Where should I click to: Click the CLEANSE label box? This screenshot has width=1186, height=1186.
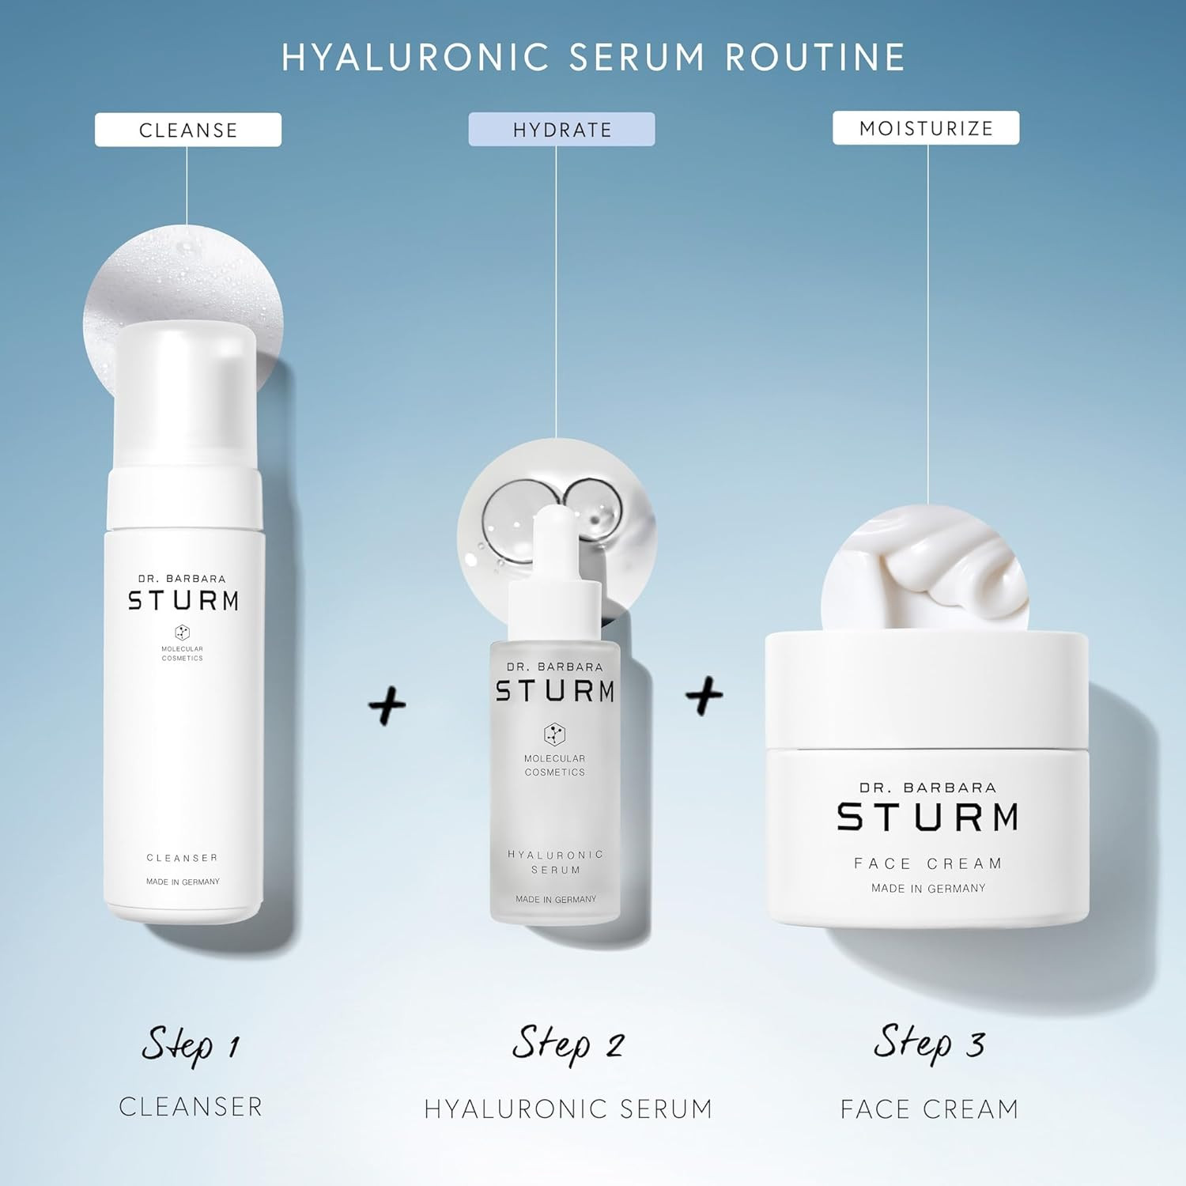click(188, 130)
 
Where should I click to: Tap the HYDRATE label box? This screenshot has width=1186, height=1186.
click(561, 130)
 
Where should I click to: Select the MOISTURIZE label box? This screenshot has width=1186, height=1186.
click(926, 128)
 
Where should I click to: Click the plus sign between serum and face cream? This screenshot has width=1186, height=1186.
click(704, 695)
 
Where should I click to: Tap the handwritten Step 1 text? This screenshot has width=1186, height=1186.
click(190, 1045)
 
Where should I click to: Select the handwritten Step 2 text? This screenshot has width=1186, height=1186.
click(568, 1044)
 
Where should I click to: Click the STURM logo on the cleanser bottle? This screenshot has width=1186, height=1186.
click(183, 601)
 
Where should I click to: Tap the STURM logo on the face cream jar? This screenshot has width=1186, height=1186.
click(927, 817)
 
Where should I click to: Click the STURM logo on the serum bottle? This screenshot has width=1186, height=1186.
click(555, 691)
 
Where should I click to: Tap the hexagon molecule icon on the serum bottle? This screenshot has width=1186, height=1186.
click(554, 735)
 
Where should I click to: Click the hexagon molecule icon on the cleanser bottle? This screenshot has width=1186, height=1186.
click(183, 633)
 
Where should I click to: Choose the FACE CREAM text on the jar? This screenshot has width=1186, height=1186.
click(927, 863)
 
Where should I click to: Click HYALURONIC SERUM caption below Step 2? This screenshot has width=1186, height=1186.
click(568, 1109)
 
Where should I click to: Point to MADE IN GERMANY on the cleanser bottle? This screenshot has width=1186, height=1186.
click(183, 882)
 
